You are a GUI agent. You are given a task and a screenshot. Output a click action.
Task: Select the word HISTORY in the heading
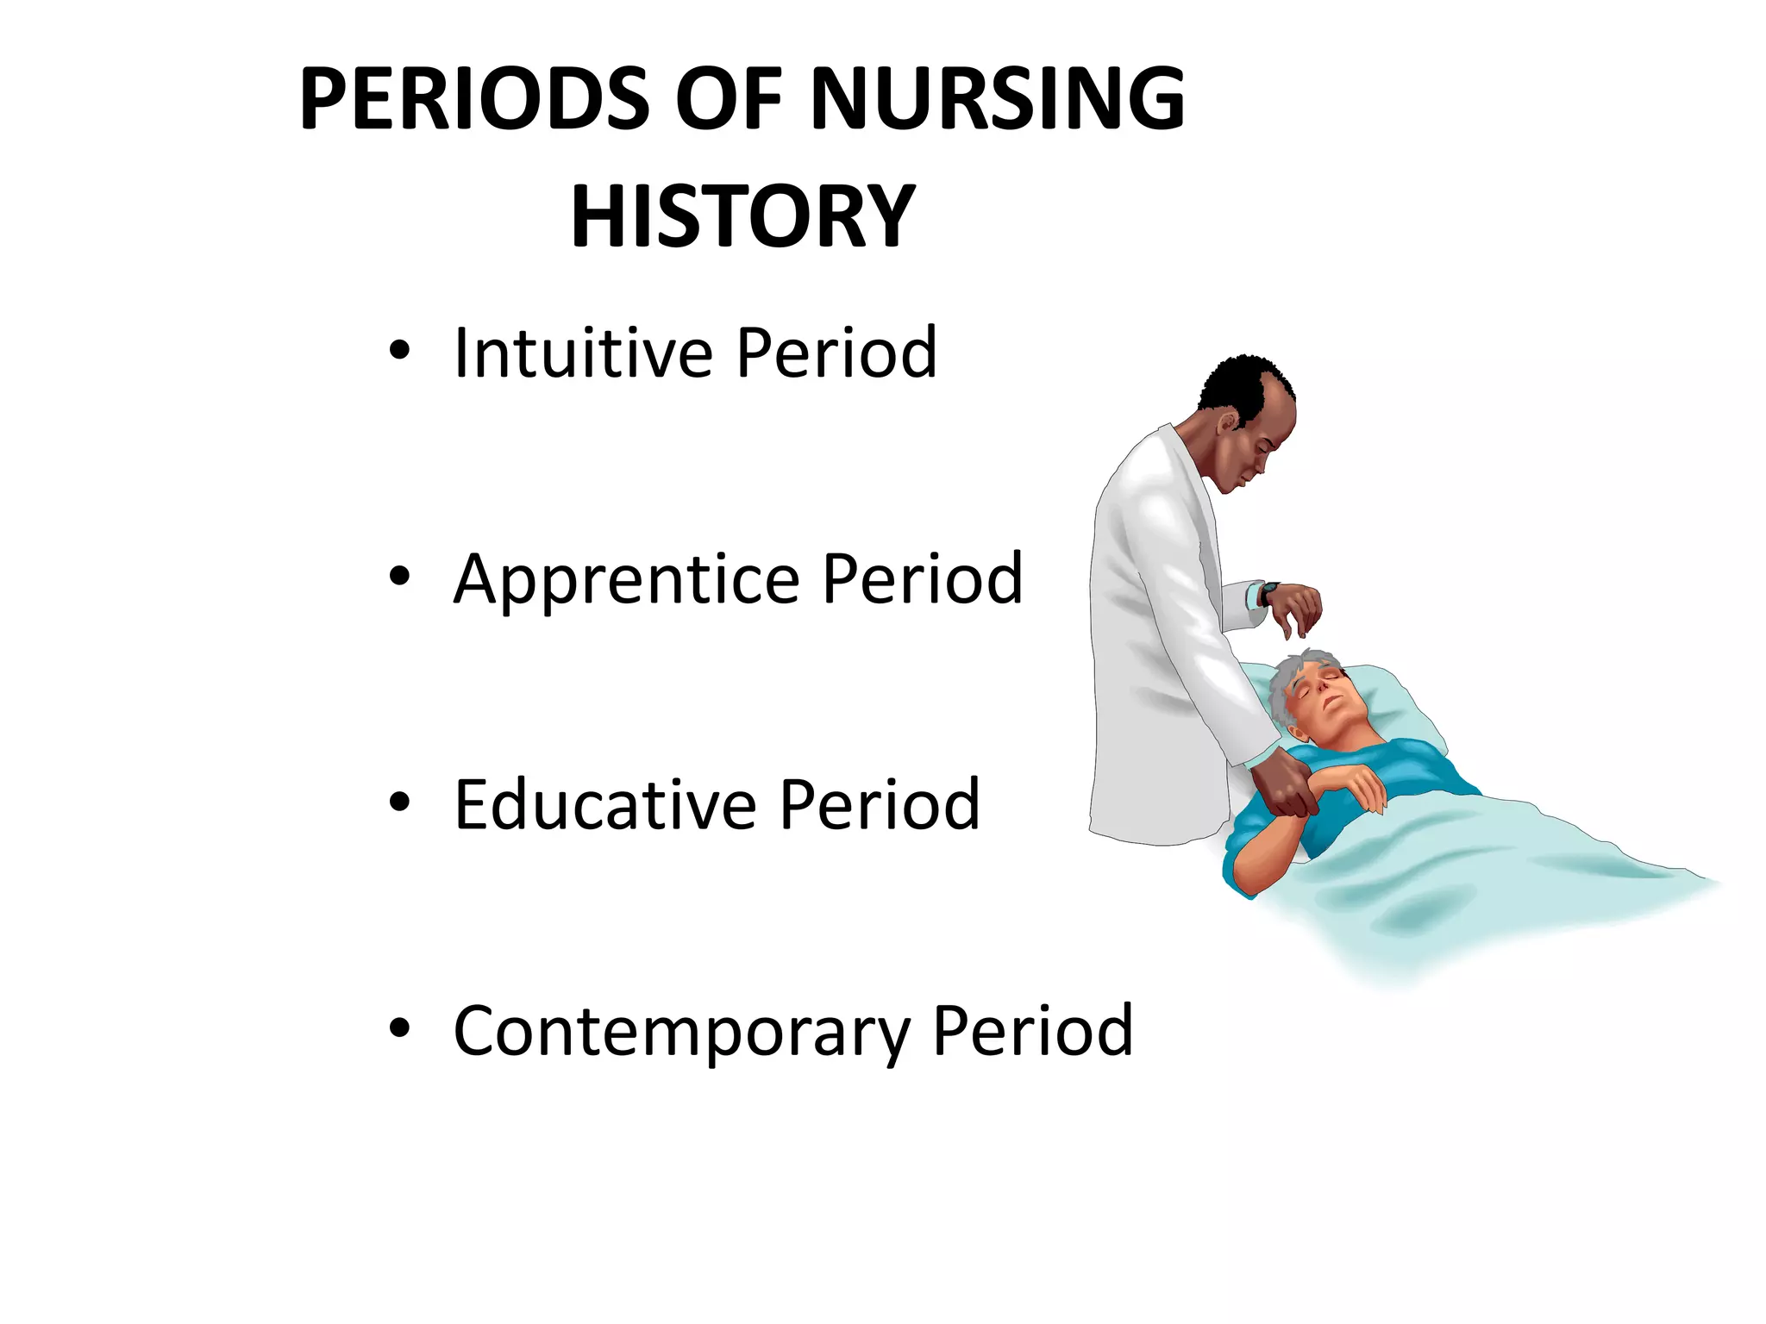[x=742, y=217]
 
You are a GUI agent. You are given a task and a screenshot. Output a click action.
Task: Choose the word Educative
[x=604, y=804]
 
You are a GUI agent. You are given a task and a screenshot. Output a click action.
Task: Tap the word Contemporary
[x=681, y=1032]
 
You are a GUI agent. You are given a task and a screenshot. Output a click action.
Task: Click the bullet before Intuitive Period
[x=398, y=351]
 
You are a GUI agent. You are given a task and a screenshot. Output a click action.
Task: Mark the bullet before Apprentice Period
[x=398, y=577]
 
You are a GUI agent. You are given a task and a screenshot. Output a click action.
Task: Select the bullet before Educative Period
[x=398, y=803]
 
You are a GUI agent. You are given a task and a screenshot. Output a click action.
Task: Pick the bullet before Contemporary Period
[x=398, y=1028]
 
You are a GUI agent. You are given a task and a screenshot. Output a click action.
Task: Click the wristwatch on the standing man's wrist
[x=1268, y=593]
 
